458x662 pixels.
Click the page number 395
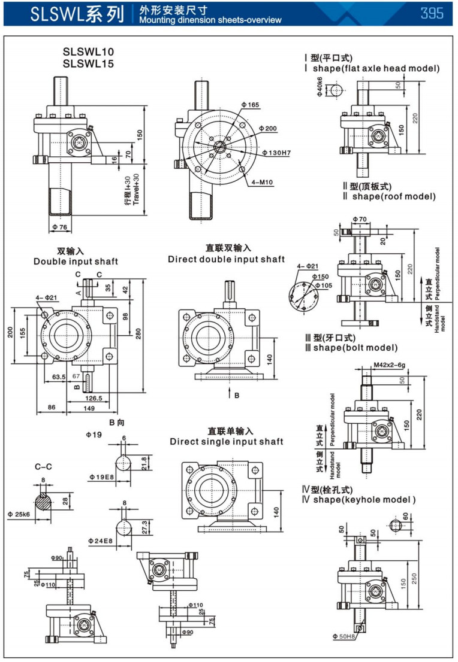tap(432, 13)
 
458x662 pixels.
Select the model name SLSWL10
tap(88, 51)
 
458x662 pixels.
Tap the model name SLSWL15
tap(88, 63)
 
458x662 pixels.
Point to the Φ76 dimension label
tap(60, 227)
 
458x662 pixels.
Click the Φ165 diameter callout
tap(251, 105)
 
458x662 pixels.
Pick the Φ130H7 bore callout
tap(276, 153)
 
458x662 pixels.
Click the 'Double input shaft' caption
tap(76, 262)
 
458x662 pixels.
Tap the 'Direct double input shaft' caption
tap(227, 259)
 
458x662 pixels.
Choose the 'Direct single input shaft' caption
tap(227, 442)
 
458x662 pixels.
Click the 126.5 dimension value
tap(94, 397)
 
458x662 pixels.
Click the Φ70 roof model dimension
tap(360, 220)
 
